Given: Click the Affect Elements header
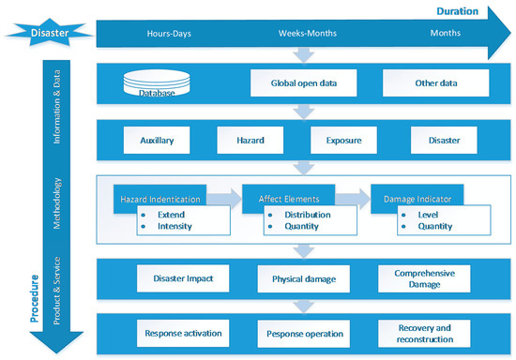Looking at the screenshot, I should coord(287,199).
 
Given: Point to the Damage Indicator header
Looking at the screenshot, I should coord(414,199).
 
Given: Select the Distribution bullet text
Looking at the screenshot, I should coord(303,214).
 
